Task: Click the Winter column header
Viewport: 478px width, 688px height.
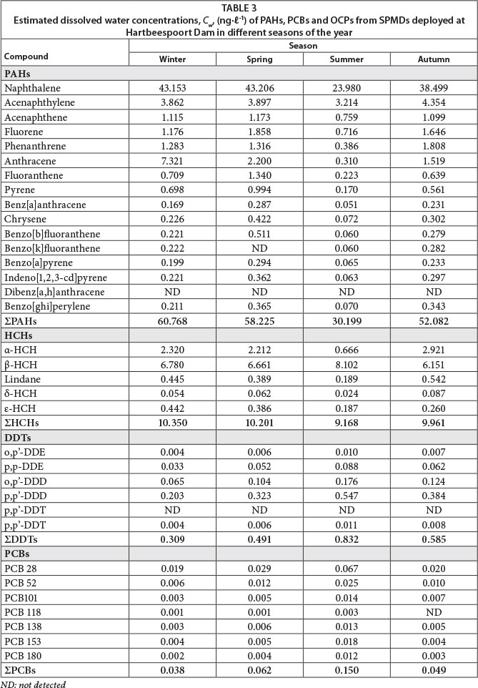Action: pyautogui.click(x=173, y=59)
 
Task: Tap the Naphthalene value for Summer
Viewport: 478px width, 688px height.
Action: pyautogui.click(x=347, y=88)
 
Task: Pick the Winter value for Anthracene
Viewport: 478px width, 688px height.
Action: pyautogui.click(x=172, y=161)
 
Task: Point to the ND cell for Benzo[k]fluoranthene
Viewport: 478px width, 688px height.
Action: pyautogui.click(x=259, y=248)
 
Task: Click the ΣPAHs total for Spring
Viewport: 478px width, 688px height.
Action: pyautogui.click(x=259, y=321)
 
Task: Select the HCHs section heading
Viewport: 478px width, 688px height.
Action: pyautogui.click(x=19, y=335)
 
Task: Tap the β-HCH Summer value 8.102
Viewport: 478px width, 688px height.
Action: pyautogui.click(x=347, y=365)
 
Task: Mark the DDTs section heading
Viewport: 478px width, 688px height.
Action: pyautogui.click(x=19, y=437)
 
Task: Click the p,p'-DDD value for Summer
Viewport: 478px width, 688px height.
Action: pyautogui.click(x=347, y=496)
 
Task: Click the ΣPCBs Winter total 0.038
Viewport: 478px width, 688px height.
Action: pyautogui.click(x=172, y=671)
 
